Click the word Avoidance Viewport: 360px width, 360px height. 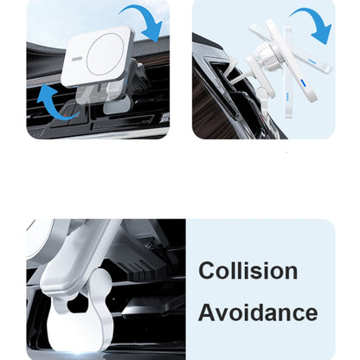click(258, 312)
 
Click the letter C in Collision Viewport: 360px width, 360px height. click(207, 270)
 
